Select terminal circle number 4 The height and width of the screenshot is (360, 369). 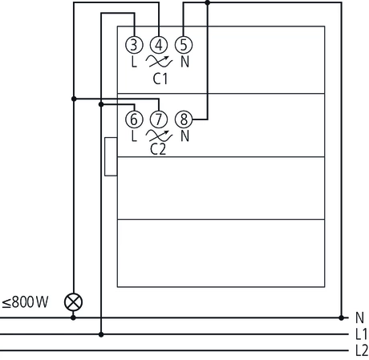pos(159,45)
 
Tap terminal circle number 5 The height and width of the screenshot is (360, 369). pos(184,45)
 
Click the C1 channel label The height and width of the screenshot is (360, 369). pos(159,79)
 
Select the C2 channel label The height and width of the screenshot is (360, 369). pos(159,150)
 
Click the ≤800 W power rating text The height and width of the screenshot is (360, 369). pos(25,303)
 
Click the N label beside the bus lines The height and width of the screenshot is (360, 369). pos(358,317)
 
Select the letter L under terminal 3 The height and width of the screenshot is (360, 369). pos(134,62)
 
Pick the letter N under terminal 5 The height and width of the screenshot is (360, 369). pos(185,62)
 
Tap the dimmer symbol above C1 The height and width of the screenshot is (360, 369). pos(159,62)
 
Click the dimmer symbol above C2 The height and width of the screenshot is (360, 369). pos(159,136)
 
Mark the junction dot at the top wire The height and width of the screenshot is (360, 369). pos(208,2)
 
